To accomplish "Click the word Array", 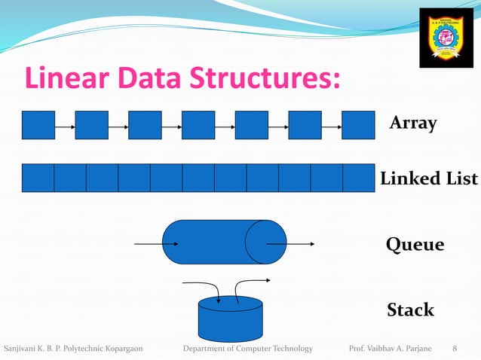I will point(413,124).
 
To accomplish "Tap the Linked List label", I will point(428,178).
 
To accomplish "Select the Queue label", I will point(415,245).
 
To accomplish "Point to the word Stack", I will point(410,310).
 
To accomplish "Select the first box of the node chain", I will point(38,125).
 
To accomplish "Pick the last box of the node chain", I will point(358,125).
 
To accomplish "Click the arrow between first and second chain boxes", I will point(65,126).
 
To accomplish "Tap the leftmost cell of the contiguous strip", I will point(38,178).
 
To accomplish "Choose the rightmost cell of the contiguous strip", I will point(358,178).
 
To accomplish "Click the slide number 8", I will point(454,348).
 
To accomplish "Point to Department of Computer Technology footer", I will point(248,348).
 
